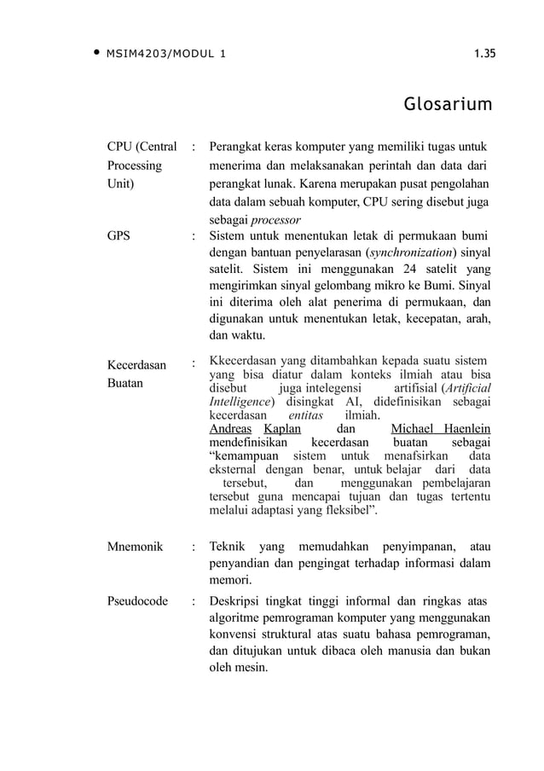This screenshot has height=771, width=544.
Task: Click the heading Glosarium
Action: (448, 105)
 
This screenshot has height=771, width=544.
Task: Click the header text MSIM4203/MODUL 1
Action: (165, 55)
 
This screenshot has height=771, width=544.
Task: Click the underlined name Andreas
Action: (230, 428)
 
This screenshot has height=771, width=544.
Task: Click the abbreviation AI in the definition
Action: (341, 401)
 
